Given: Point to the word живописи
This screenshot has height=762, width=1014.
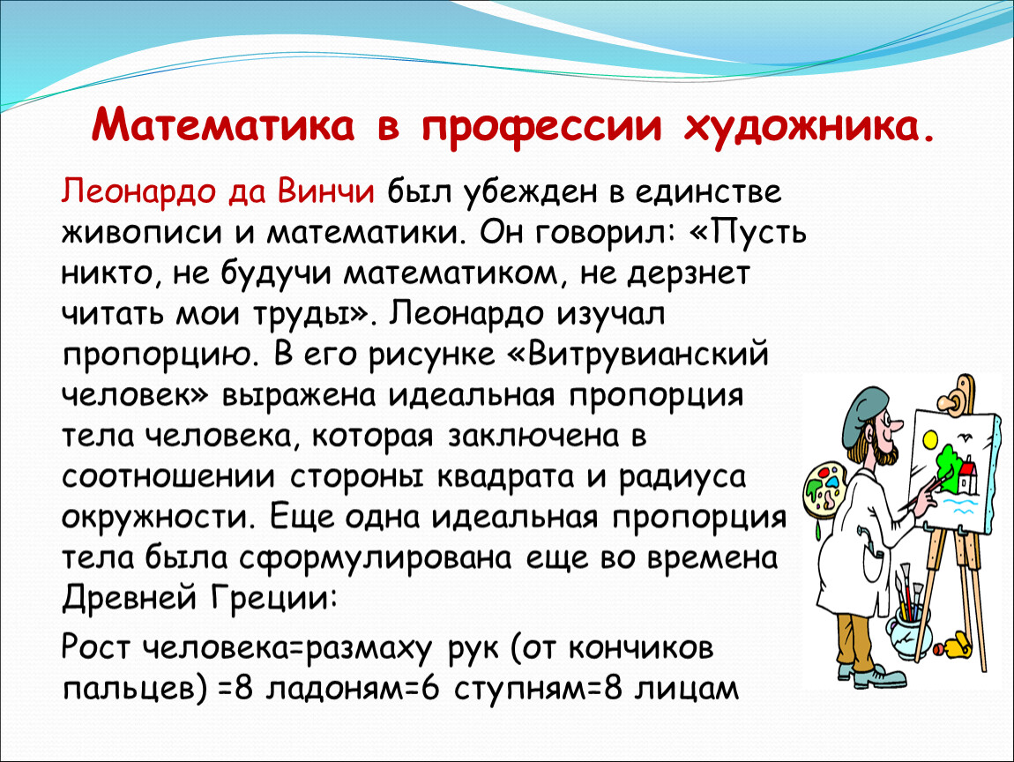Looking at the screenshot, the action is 141,232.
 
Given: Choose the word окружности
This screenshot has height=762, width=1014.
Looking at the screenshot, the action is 155,518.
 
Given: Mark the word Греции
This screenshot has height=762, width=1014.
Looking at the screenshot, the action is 272,600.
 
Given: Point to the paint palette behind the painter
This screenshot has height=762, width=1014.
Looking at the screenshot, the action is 824,489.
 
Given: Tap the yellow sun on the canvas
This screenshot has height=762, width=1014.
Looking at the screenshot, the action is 930,441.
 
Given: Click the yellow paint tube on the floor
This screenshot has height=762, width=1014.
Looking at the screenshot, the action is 954,645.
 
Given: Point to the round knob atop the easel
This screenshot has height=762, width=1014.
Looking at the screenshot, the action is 949,400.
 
